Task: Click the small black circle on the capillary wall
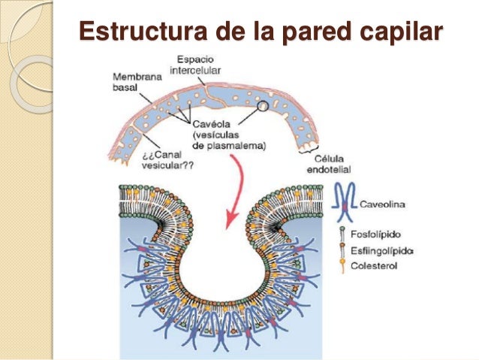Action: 263,107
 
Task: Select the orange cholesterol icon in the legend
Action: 343,265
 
